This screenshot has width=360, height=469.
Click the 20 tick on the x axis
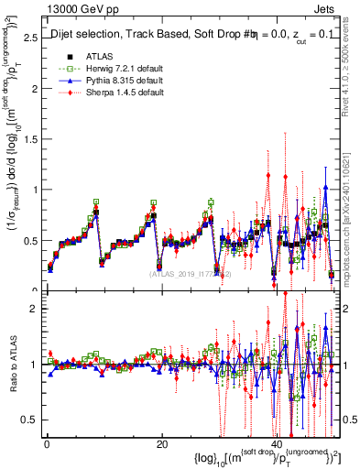[x=162, y=443]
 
